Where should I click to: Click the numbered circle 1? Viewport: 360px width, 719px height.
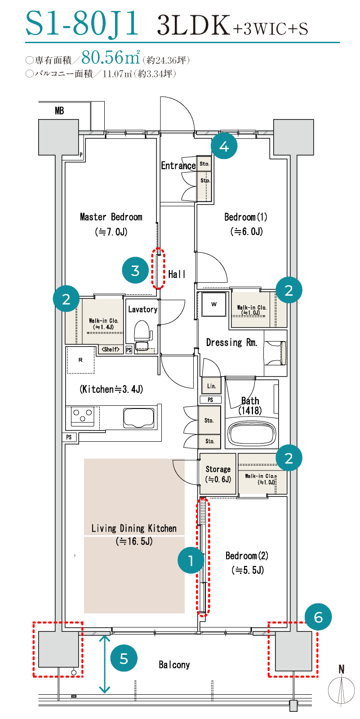tap(191, 560)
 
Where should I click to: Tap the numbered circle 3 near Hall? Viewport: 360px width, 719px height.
tap(135, 270)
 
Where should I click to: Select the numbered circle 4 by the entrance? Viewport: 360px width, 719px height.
tap(224, 146)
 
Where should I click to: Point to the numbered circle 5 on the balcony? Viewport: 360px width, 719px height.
tap(124, 659)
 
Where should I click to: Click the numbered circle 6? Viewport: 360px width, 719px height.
tap(318, 617)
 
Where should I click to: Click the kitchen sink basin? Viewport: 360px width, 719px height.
tap(139, 418)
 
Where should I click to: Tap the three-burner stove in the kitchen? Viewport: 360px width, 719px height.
tap(83, 416)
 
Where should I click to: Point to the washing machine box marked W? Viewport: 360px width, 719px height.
tap(214, 304)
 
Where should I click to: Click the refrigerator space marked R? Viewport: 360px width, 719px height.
tap(80, 360)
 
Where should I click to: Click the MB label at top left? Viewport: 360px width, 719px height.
tap(59, 111)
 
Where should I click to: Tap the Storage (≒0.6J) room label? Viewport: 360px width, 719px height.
tap(218, 474)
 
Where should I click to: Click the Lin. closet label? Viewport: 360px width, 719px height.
tap(211, 386)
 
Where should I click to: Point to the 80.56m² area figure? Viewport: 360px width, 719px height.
tap(111, 57)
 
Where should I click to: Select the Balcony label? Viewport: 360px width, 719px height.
tap(174, 665)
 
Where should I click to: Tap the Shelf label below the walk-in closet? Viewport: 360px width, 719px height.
tap(111, 349)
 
